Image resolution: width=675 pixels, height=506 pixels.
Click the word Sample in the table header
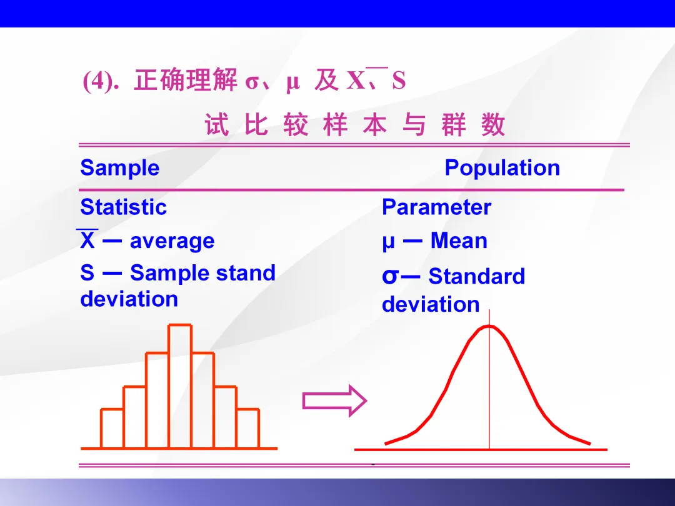[x=119, y=168]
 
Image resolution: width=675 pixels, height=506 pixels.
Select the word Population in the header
[x=502, y=168]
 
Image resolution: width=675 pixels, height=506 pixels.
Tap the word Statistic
[x=123, y=207]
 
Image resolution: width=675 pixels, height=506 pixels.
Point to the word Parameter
[x=436, y=207]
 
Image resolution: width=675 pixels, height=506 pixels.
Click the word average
[x=172, y=241]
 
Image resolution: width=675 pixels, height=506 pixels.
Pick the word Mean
[x=459, y=240]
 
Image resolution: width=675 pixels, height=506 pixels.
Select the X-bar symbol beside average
[x=87, y=239]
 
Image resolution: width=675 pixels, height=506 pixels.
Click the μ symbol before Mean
[x=388, y=242]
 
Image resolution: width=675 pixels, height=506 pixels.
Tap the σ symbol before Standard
[x=389, y=276]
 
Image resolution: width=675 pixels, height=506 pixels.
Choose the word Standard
[x=476, y=276]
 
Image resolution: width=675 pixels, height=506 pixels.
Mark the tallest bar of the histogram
[x=180, y=387]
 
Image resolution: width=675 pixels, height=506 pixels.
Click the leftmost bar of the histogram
[x=112, y=429]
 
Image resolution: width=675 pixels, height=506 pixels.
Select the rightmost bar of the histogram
[x=248, y=429]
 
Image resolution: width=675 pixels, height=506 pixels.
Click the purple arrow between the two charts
[x=334, y=401]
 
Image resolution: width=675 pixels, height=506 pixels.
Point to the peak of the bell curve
[x=489, y=326]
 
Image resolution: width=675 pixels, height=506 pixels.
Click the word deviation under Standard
[x=431, y=304]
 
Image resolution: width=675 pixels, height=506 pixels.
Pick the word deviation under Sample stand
[x=129, y=299]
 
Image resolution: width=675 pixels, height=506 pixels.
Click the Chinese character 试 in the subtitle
[x=216, y=125]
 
